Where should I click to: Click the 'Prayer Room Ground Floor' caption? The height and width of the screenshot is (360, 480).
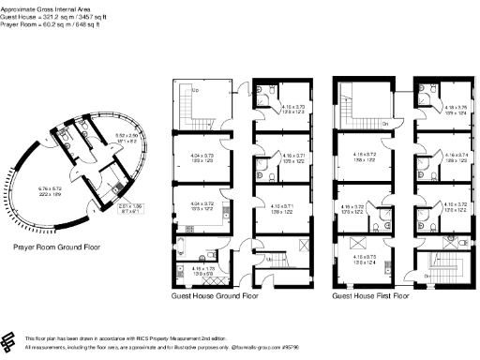pyautogui.click(x=55, y=248)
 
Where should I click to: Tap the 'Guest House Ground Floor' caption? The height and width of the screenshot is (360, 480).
pyautogui.click(x=215, y=295)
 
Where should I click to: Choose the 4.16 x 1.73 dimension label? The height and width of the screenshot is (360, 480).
pyautogui.click(x=203, y=270)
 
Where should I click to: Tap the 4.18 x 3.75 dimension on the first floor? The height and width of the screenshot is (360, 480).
pyautogui.click(x=456, y=110)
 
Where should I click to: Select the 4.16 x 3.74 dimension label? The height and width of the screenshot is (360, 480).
pyautogui.click(x=456, y=158)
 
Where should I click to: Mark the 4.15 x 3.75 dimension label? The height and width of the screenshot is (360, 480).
pyautogui.click(x=366, y=258)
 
